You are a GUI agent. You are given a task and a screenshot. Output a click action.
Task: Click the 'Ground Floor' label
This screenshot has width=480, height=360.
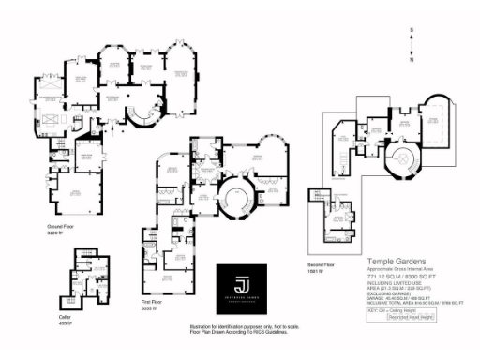[x=62, y=226]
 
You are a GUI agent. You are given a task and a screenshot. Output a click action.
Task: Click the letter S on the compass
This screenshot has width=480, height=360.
[x=412, y=31]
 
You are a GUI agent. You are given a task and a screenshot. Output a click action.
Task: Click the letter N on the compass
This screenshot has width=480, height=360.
[x=412, y=59]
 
